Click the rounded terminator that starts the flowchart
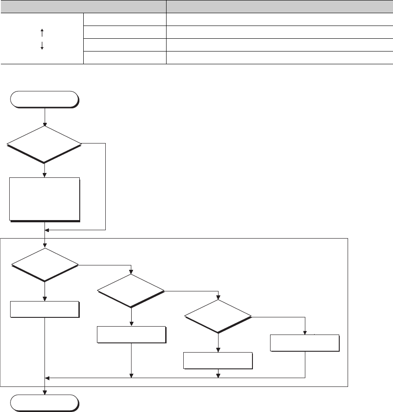tap(44, 99)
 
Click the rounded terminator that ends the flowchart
tap(44, 403)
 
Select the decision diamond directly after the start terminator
tap(44, 144)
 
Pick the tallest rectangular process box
tap(44, 199)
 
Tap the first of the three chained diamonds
tap(44, 265)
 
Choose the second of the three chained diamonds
tap(131, 291)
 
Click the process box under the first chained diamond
tap(44, 309)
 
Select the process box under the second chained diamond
tap(131, 335)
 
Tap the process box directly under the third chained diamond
tap(218, 360)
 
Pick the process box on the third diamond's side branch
tap(304, 343)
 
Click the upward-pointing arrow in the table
tap(42, 32)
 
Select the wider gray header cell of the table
tap(279, 7)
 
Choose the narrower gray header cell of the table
tap(83, 7)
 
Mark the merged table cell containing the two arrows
tap(42, 39)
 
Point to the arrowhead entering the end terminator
tap(45, 393)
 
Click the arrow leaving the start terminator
tap(45, 117)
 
